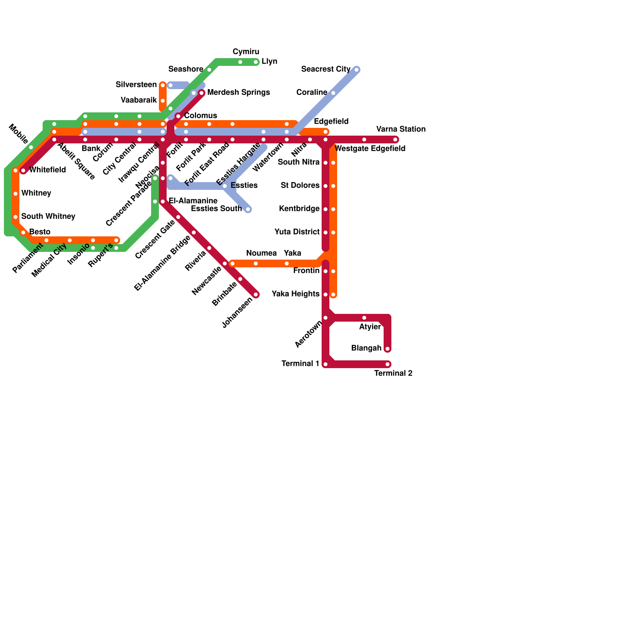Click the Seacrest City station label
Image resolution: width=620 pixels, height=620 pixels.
click(325, 69)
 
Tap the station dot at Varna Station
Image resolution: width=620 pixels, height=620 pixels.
click(395, 139)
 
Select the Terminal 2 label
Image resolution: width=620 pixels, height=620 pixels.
click(393, 374)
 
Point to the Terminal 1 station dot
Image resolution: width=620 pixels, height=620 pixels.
click(325, 364)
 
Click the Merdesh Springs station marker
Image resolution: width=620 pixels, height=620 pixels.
click(201, 93)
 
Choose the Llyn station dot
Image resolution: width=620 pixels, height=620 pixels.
click(256, 62)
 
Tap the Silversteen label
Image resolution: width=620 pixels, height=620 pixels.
click(136, 85)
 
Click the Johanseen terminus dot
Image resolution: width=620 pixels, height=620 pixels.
click(256, 294)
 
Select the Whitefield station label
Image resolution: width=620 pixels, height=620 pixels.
click(47, 170)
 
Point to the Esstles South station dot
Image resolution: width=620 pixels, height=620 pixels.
click(248, 209)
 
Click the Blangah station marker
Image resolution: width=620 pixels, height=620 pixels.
click(387, 349)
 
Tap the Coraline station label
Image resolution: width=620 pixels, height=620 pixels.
click(312, 93)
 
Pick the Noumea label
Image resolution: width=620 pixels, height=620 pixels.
click(261, 253)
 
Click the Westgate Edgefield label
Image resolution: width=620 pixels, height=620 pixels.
click(370, 149)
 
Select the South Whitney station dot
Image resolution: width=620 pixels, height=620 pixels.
click(15, 217)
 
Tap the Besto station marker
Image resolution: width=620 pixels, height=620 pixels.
click(23, 232)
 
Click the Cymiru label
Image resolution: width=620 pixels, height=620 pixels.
click(246, 52)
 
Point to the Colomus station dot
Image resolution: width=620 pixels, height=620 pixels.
click(178, 116)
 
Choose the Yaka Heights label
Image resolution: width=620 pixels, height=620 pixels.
click(295, 294)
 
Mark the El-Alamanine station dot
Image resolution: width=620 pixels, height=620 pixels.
click(163, 201)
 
